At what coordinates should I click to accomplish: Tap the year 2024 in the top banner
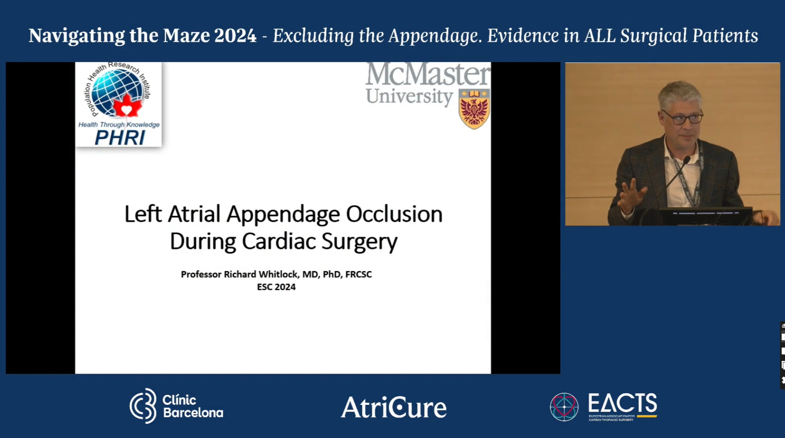[x=235, y=36]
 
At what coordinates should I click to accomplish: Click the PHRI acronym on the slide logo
[x=119, y=138]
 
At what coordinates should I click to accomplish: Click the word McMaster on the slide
[x=427, y=74]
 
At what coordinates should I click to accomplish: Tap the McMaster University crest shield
[x=474, y=109]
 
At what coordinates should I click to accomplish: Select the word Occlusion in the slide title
[x=394, y=214]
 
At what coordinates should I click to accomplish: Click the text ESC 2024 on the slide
[x=276, y=287]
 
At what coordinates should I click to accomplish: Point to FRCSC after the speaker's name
[x=358, y=274]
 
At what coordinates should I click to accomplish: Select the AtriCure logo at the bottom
[x=393, y=407]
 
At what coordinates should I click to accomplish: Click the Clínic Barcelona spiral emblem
[x=143, y=406]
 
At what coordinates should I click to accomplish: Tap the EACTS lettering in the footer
[x=622, y=404]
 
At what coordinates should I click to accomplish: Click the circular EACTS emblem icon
[x=564, y=407]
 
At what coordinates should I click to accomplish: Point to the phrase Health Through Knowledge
[x=119, y=124]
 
